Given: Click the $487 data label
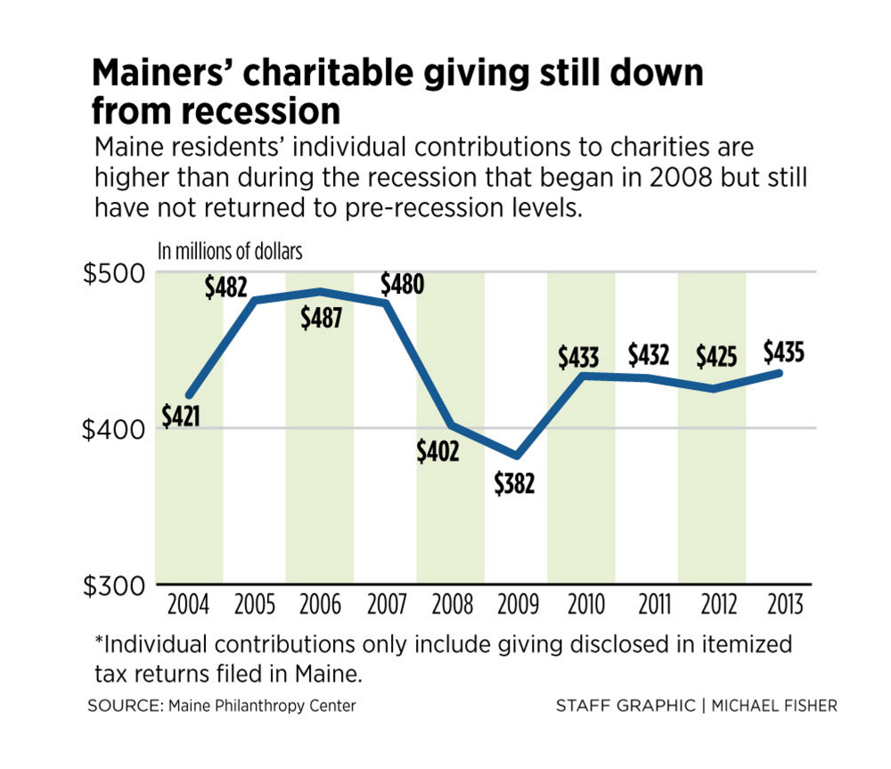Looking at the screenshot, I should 319,318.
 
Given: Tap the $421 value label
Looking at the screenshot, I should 181,415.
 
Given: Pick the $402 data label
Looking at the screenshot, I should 437,451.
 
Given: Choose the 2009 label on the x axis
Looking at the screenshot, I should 517,605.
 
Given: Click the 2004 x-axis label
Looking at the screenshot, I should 188,605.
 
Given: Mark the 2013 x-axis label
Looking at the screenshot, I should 779,605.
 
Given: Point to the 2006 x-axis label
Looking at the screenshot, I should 320,605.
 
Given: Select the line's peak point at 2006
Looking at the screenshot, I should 320,292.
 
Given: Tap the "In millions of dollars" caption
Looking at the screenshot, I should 230,251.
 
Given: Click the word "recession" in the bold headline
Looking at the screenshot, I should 216,113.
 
